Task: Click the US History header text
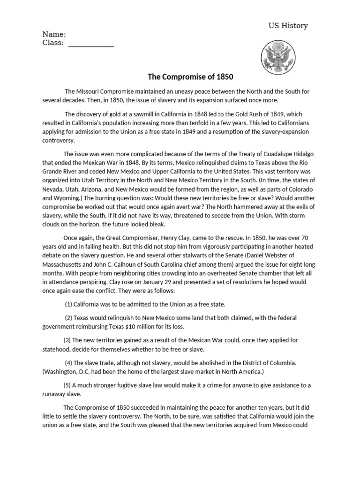(288, 25)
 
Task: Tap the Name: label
(54, 34)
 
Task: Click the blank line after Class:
(91, 44)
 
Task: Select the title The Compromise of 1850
(190, 76)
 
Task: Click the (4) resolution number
(68, 362)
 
